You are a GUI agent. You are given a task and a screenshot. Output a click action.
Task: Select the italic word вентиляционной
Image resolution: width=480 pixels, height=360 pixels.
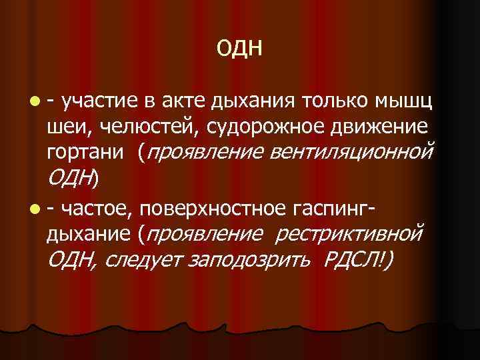coord(352,153)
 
